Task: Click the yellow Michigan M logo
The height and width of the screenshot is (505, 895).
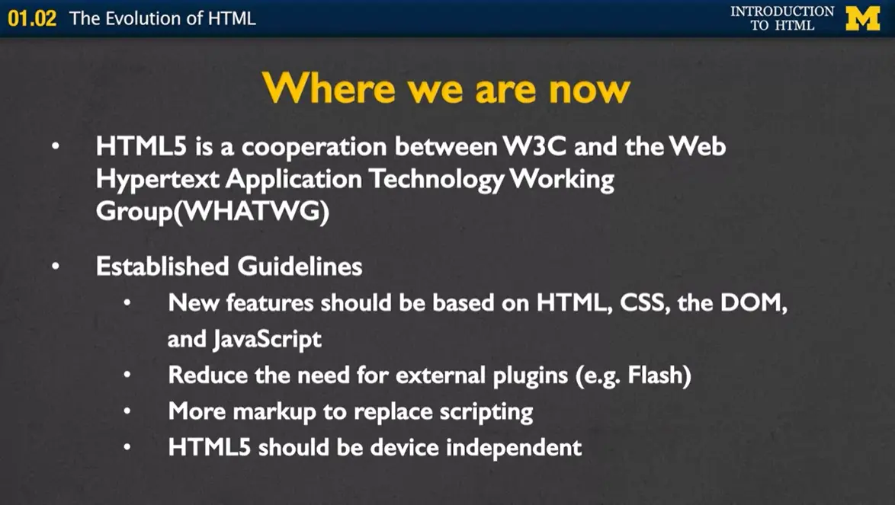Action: [862, 18]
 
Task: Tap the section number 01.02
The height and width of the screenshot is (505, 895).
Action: [32, 18]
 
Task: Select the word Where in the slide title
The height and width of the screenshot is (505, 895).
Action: [329, 89]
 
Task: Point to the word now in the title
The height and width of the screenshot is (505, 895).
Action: [589, 91]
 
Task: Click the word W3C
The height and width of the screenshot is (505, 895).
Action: [534, 146]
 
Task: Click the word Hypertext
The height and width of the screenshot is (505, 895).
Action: [158, 180]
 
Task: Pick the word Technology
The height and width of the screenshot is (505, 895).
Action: [436, 180]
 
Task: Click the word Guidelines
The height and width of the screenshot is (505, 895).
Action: [300, 266]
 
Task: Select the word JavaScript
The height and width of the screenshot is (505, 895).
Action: [267, 340]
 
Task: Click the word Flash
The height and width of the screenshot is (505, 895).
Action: [656, 375]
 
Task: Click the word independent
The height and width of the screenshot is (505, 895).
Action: [514, 447]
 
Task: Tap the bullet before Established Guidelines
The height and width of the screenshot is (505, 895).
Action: [56, 266]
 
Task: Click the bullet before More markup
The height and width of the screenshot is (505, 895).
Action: [127, 411]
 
